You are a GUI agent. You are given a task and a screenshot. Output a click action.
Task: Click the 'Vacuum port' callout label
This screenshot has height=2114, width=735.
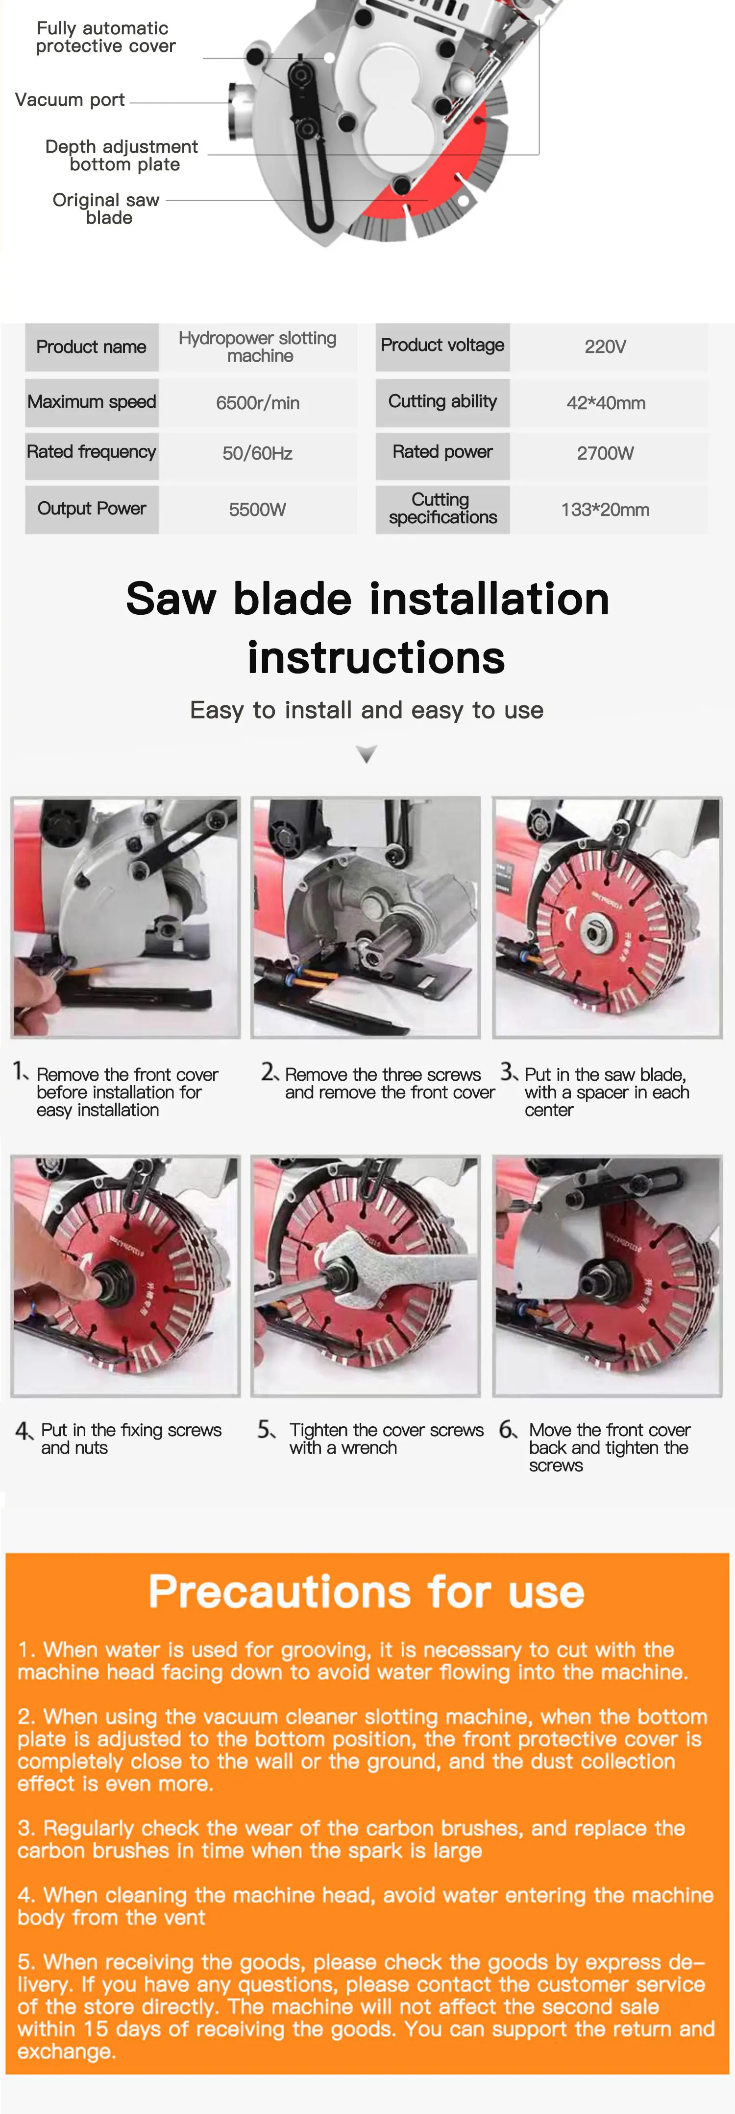(x=70, y=100)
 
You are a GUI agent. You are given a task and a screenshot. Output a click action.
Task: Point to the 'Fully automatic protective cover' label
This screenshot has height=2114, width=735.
(x=105, y=37)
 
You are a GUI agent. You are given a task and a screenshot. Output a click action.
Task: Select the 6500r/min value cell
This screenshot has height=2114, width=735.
(x=258, y=403)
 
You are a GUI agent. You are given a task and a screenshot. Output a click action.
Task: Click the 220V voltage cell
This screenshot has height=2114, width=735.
(x=605, y=347)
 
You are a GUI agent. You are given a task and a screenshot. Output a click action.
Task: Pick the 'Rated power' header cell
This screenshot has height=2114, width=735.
(x=442, y=452)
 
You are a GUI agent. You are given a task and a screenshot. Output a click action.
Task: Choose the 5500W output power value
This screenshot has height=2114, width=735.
(x=258, y=510)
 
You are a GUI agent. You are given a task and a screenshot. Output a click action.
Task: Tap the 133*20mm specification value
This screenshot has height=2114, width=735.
(x=605, y=510)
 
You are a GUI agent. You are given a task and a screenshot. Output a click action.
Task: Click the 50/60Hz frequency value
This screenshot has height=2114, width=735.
(x=258, y=453)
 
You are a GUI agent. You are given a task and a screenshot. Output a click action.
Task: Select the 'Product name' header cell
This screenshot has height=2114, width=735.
(x=91, y=347)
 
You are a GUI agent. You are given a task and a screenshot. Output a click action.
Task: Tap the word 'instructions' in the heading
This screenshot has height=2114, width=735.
(x=376, y=658)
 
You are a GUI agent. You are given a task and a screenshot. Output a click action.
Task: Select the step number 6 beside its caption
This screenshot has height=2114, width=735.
(x=508, y=1430)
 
